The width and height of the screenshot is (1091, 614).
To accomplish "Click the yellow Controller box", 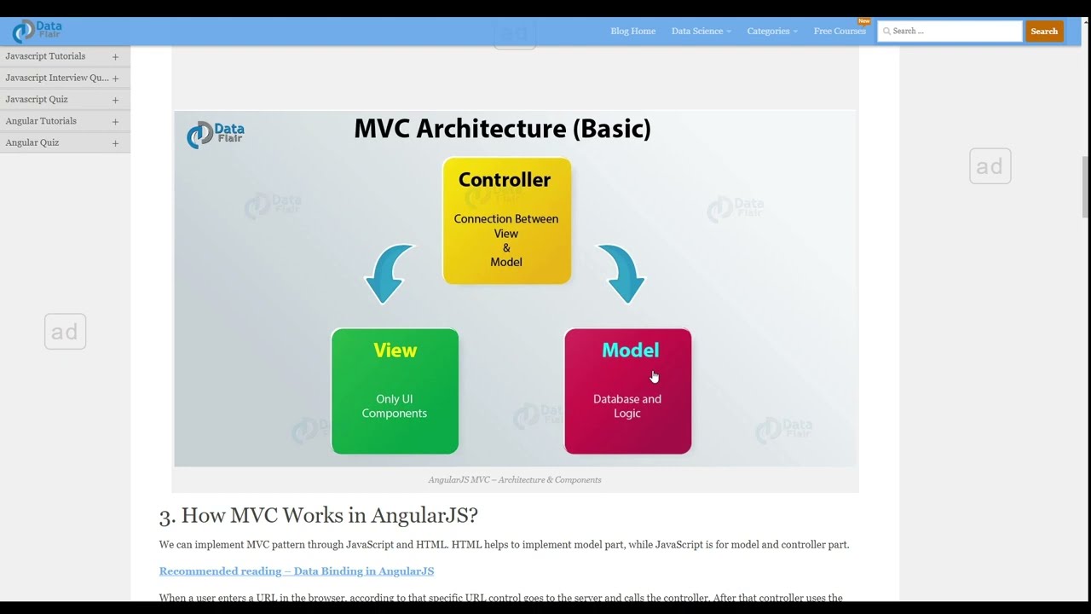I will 506,221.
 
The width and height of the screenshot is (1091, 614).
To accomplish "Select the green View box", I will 395,391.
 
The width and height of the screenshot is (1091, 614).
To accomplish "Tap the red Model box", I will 627,391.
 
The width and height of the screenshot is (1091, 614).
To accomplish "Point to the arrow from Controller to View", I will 388,273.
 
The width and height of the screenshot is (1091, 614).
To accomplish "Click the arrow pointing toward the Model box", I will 623,273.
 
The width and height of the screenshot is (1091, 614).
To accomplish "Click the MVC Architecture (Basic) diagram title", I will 502,129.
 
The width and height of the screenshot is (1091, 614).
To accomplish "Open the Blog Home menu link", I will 632,32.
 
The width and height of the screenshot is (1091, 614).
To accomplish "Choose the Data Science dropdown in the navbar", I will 701,32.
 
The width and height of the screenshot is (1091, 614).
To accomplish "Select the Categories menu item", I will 771,32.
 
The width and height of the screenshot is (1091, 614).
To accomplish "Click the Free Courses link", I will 840,32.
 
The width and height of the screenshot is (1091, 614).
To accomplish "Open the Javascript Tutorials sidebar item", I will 45,56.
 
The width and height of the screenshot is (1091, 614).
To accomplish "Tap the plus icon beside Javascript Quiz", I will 115,100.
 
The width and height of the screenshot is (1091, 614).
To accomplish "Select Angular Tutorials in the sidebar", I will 41,121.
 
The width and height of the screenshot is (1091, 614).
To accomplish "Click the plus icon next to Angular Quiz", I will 115,143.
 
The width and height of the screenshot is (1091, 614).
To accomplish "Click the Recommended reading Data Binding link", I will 296,571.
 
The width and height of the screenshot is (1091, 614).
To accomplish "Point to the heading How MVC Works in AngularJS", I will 318,515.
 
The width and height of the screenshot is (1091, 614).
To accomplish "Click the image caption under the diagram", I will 514,480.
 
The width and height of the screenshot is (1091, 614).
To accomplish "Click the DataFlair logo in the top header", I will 37,32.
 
